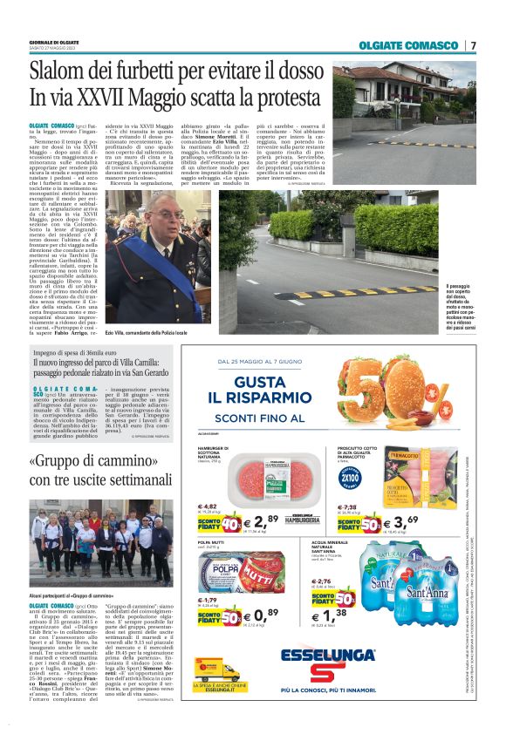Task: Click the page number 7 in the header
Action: pyautogui.click(x=474, y=45)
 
